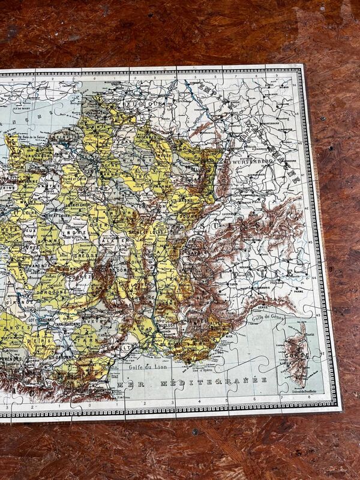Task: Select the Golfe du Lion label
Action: [x=142, y=365]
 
